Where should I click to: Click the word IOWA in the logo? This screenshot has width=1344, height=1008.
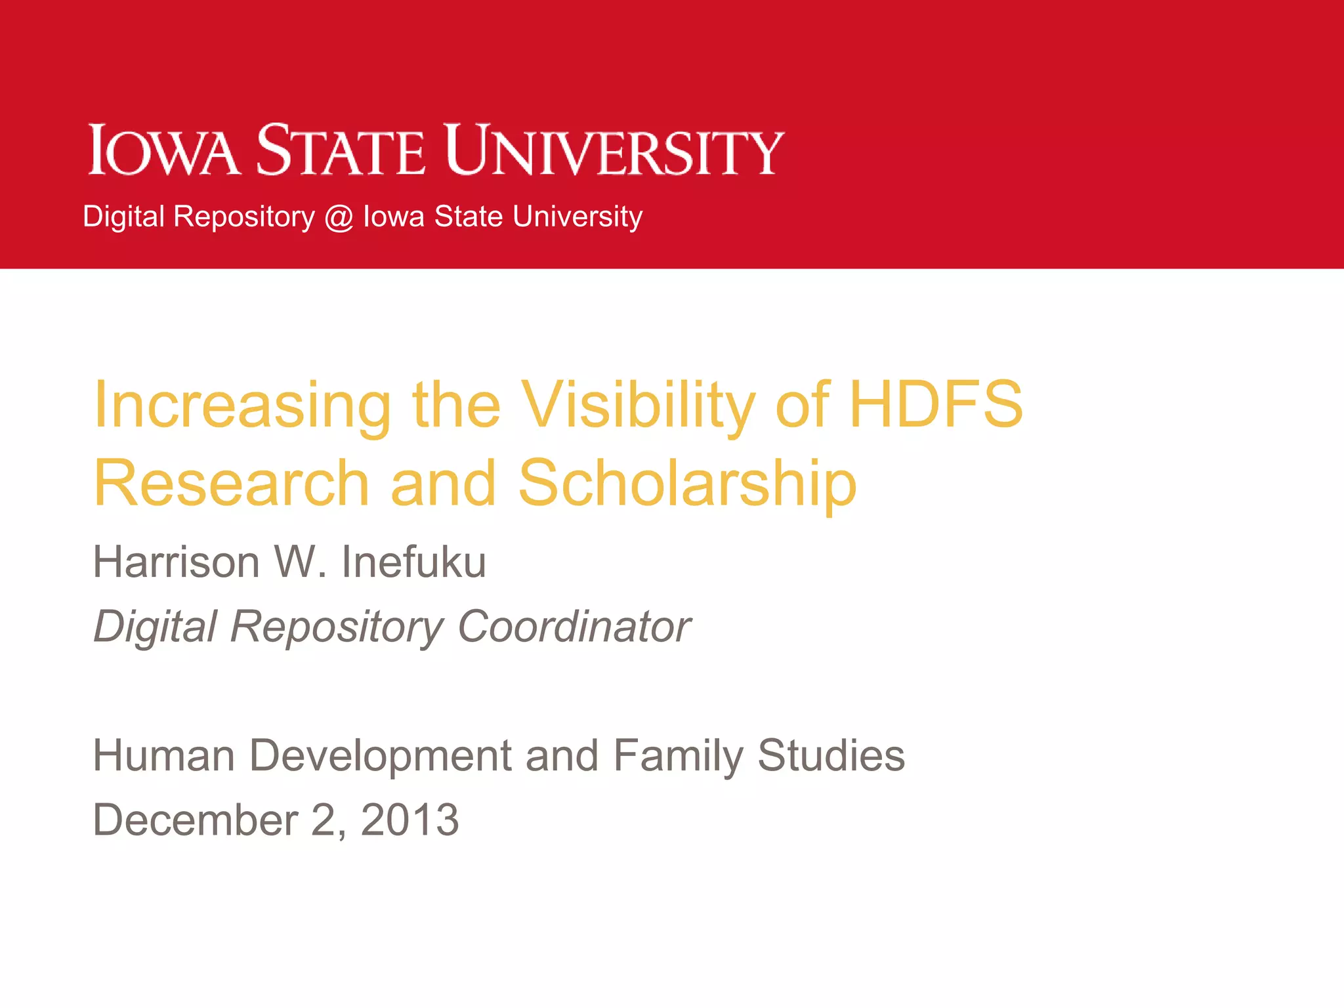coord(163,150)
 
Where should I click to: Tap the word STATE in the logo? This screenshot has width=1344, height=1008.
coord(341,150)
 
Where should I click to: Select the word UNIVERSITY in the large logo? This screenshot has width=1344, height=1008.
coord(614,150)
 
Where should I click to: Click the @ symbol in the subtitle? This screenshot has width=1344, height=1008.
coord(339,217)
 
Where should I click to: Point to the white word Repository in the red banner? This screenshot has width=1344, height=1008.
coord(244,217)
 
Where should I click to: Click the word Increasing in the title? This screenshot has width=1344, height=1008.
coord(242,406)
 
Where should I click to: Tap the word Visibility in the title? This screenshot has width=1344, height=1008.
coord(639,406)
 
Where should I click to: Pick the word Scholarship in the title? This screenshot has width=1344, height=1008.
coord(687,484)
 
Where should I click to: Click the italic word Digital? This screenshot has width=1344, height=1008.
coord(155,627)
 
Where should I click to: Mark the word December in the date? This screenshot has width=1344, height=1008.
coord(196,820)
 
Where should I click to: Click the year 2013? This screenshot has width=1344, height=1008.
coord(409,820)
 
